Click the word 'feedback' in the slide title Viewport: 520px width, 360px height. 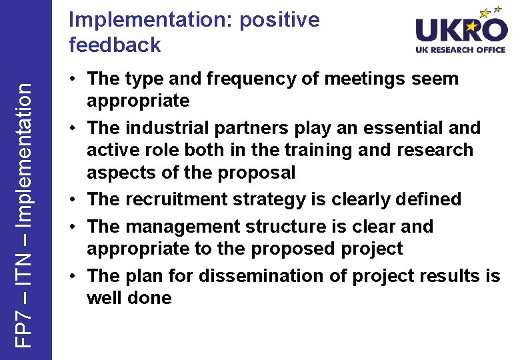pyautogui.click(x=115, y=45)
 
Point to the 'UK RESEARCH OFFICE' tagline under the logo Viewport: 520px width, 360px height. pyautogui.click(x=461, y=50)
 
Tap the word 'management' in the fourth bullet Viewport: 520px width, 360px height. pyautogui.click(x=182, y=227)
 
